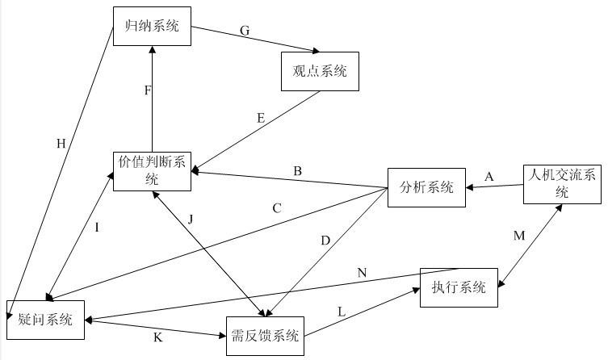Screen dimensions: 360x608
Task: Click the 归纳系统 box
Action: (152, 27)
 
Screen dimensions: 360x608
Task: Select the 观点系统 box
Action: (319, 71)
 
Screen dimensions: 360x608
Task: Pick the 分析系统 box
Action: (427, 188)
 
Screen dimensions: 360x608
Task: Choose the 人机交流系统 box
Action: (562, 182)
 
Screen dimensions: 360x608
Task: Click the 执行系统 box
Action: (459, 287)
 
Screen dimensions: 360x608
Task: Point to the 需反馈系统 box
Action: (265, 337)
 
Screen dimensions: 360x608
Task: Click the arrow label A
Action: (488, 176)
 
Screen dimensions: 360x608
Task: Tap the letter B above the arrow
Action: (297, 171)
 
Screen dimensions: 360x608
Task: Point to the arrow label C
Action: (276, 208)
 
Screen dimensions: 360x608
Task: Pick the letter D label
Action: (325, 241)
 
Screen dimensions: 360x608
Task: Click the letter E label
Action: (261, 118)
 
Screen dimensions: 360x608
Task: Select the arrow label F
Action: (148, 90)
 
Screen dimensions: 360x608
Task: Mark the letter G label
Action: (245, 31)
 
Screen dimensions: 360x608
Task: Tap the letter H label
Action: (61, 144)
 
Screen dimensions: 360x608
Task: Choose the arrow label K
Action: (157, 337)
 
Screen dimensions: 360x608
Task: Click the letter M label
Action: (519, 235)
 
